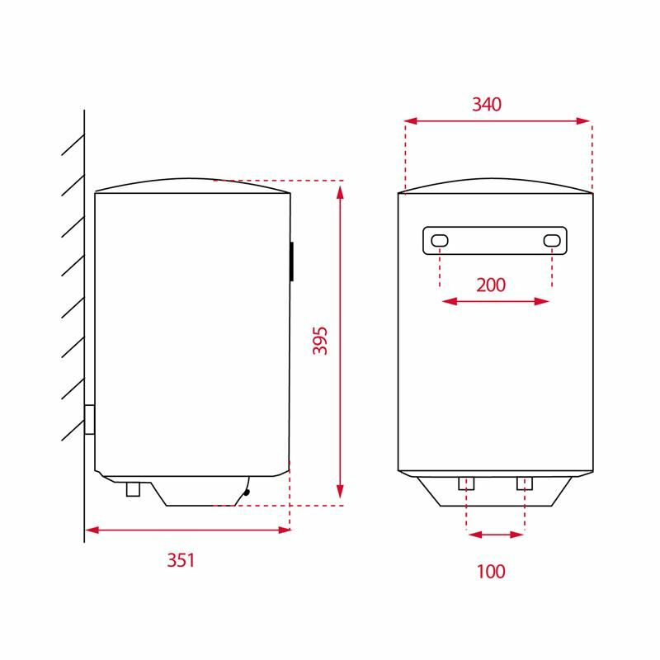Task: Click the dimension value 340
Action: pyautogui.click(x=487, y=105)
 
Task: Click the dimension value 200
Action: pyautogui.click(x=491, y=285)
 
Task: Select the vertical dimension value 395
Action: pyautogui.click(x=320, y=341)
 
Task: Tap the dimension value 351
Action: pyautogui.click(x=181, y=560)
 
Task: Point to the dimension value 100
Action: pyautogui.click(x=491, y=571)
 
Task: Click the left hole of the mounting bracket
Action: pyautogui.click(x=441, y=240)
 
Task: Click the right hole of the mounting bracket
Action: pyautogui.click(x=551, y=240)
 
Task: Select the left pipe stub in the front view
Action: pyautogui.click(x=467, y=483)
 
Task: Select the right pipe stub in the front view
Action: pyautogui.click(x=525, y=483)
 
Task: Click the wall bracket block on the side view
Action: pyautogui.click(x=89, y=420)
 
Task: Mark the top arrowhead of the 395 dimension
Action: pyautogui.click(x=340, y=191)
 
